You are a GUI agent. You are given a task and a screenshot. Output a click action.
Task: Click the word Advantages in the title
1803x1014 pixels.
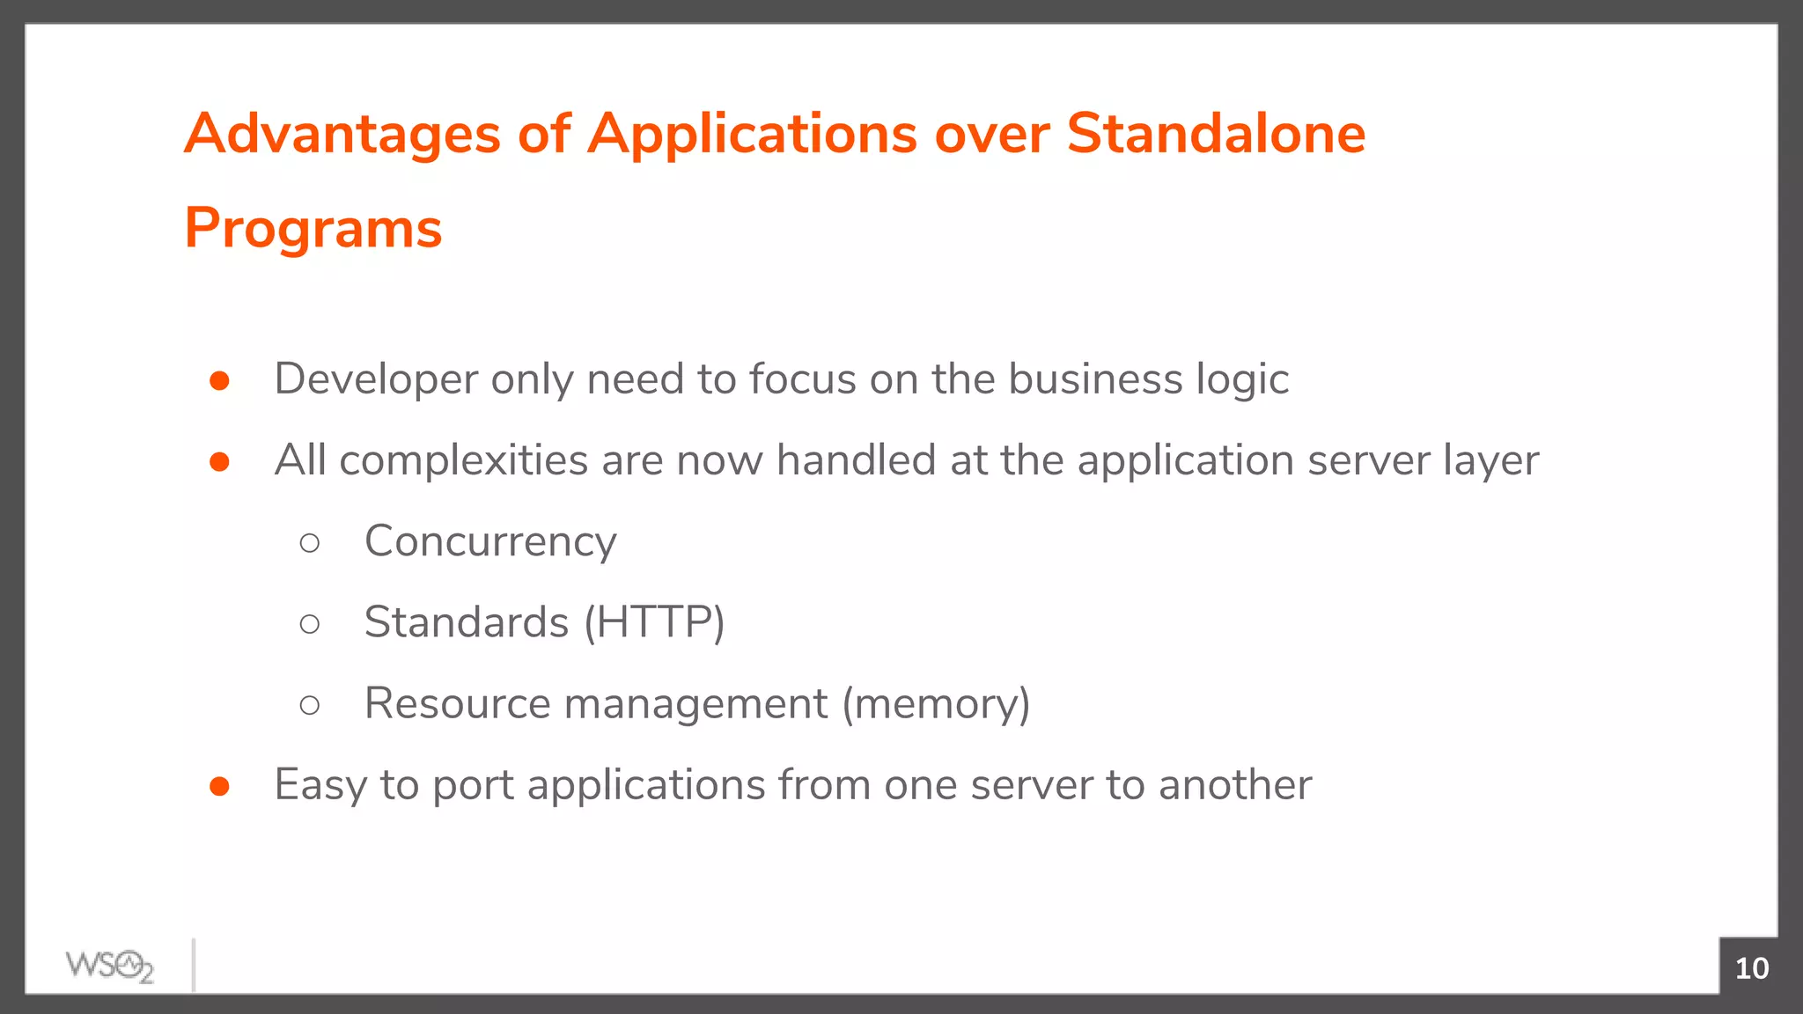(x=342, y=135)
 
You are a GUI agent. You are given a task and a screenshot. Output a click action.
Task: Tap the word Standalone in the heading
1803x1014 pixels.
(x=1216, y=134)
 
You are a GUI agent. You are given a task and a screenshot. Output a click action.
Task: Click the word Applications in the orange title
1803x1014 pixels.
(x=753, y=135)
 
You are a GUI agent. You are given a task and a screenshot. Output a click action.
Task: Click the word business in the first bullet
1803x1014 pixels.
(x=1094, y=379)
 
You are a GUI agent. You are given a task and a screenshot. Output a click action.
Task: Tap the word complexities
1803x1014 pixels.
(x=463, y=460)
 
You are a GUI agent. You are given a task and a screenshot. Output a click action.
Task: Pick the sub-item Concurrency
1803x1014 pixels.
(x=490, y=541)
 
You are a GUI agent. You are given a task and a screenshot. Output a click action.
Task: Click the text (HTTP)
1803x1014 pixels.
(x=654, y=622)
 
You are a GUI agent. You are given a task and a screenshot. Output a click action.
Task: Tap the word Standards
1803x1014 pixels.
(x=467, y=622)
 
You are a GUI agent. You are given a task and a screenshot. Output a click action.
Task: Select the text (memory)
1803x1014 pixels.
(x=936, y=703)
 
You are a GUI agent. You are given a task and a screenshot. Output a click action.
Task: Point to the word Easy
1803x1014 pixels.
(x=320, y=785)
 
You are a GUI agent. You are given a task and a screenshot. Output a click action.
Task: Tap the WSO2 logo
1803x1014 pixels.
(x=110, y=966)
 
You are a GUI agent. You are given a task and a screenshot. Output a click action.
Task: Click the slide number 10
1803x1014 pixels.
(x=1751, y=968)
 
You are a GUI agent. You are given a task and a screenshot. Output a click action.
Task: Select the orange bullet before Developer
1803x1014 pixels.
(x=220, y=380)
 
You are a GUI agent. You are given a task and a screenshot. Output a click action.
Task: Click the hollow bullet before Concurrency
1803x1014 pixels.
(x=309, y=543)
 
